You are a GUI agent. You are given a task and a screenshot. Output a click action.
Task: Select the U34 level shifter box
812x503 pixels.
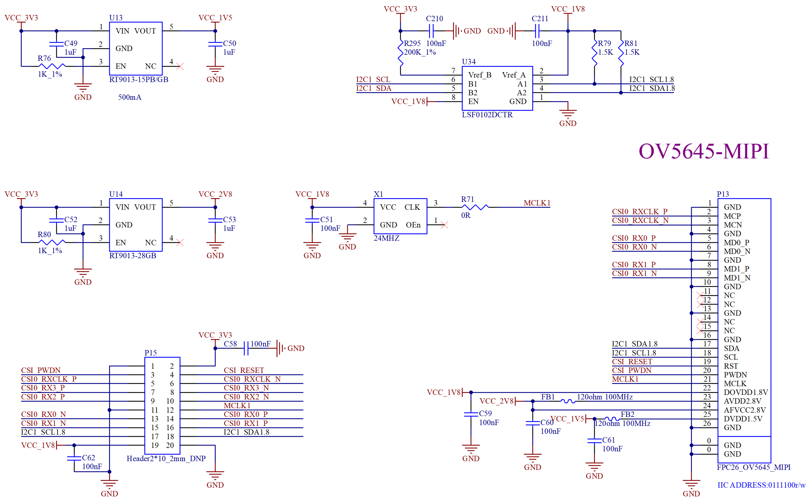tap(497, 88)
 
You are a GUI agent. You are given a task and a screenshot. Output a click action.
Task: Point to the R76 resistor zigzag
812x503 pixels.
tap(52, 66)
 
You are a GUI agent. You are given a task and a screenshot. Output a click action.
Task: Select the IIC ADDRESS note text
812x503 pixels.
tap(761, 485)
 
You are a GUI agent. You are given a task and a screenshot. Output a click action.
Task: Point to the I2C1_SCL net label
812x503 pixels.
tap(373, 80)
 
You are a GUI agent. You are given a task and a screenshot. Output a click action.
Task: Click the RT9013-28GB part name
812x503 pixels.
tap(133, 256)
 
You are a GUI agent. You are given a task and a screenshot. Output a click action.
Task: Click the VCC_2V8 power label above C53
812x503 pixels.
tap(215, 194)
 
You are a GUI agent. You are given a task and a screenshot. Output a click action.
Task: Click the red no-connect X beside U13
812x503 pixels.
tap(180, 67)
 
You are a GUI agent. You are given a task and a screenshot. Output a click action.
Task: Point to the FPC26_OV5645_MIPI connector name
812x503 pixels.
tap(754, 467)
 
